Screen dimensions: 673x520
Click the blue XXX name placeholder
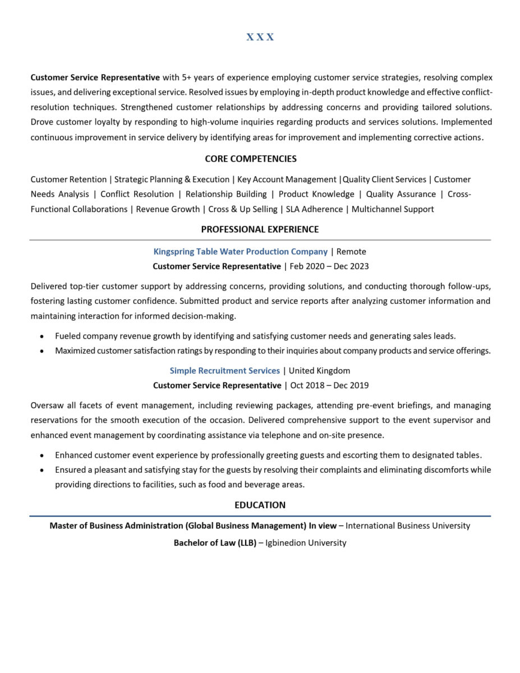pos(260,37)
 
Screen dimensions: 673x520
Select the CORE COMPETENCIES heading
pos(251,159)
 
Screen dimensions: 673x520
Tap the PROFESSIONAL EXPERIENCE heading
pos(260,229)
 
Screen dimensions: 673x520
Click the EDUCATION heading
pos(260,505)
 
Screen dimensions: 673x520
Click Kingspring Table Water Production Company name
pos(240,251)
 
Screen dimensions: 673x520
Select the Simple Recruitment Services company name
pos(224,370)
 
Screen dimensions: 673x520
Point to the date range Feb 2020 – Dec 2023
pos(329,266)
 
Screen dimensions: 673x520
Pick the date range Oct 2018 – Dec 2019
pos(329,385)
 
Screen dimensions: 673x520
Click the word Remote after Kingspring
pos(351,251)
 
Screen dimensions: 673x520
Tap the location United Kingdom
pos(319,370)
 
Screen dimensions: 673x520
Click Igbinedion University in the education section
pos(306,542)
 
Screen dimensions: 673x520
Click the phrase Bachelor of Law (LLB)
pos(215,542)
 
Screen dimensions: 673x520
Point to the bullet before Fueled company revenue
pos(42,336)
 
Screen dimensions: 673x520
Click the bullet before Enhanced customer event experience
pos(42,455)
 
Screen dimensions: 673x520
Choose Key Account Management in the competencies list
pos(287,179)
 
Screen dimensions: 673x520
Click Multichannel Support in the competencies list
pos(393,209)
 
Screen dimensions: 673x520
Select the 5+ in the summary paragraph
pos(187,77)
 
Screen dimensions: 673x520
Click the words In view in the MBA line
pos(323,526)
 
